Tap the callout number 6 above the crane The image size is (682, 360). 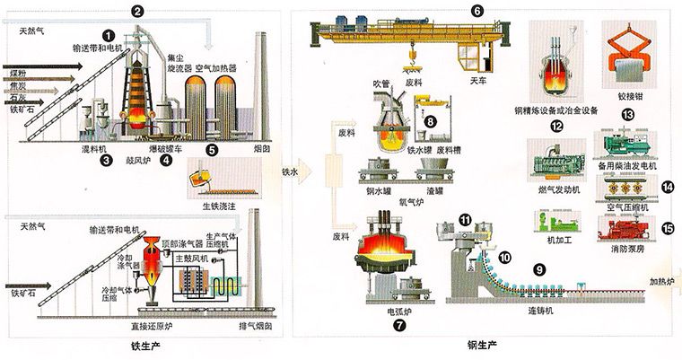tap(477, 11)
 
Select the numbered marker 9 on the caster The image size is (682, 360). tap(539, 268)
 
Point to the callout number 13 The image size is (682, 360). tap(627, 114)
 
